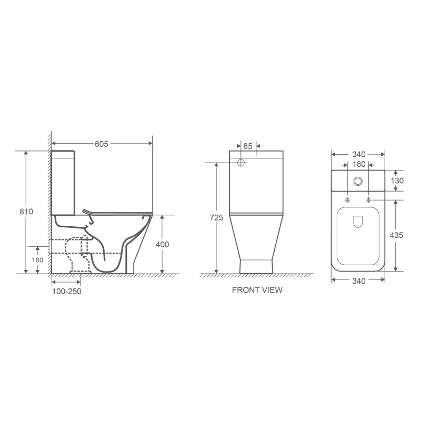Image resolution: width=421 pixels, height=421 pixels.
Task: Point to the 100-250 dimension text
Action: tap(66, 291)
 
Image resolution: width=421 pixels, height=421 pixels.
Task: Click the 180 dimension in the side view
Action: tap(38, 260)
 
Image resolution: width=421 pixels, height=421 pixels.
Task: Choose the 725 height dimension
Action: tap(216, 218)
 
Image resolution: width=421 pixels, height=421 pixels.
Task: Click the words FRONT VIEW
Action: tap(257, 290)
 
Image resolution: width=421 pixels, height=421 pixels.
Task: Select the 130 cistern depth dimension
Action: tap(397, 181)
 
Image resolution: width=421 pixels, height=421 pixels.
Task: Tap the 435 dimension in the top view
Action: tap(397, 235)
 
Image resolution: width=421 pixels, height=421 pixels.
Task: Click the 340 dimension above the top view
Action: tap(358, 154)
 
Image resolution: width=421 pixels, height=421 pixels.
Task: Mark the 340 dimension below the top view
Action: tap(358, 282)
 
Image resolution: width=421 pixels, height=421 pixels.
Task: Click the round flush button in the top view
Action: tap(358, 181)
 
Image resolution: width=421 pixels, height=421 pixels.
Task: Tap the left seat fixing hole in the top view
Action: tap(347, 201)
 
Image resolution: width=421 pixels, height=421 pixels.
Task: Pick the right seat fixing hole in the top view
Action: tap(368, 201)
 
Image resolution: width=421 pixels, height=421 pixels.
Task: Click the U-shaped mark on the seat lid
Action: tap(358, 222)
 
